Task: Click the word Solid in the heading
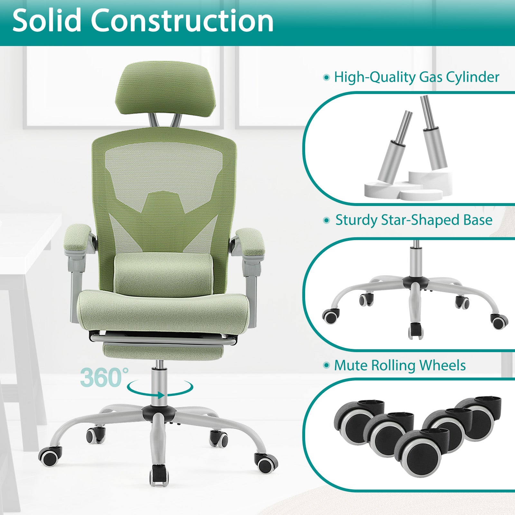pyautogui.click(x=47, y=21)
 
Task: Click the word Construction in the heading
pyautogui.click(x=182, y=21)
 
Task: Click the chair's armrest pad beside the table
pyautogui.click(x=79, y=239)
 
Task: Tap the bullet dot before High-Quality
pyautogui.click(x=327, y=78)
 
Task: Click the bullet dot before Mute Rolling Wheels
pyautogui.click(x=327, y=365)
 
